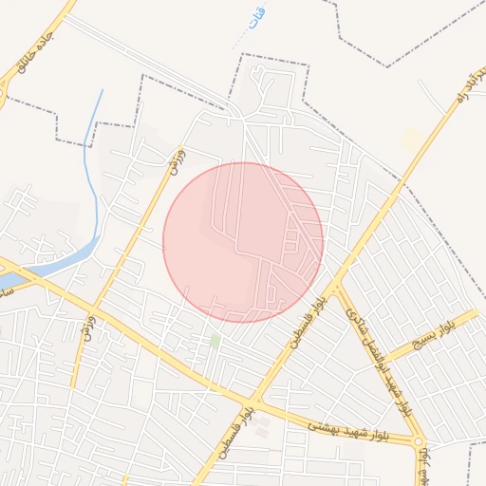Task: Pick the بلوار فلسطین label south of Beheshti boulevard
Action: click(x=236, y=434)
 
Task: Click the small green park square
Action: click(x=215, y=339)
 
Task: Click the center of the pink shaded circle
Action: click(x=243, y=242)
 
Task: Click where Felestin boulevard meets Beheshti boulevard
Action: click(x=253, y=401)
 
